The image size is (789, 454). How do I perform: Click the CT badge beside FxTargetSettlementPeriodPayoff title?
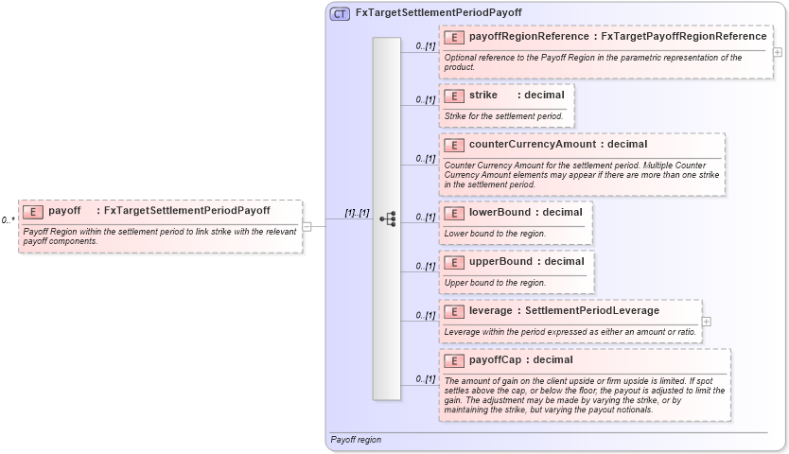(340, 13)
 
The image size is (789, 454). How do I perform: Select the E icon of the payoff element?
(33, 211)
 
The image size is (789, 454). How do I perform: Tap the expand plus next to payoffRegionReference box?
(778, 52)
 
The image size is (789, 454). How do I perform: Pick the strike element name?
(482, 96)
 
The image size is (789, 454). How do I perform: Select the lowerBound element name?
(500, 213)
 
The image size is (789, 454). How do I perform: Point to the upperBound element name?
(500, 262)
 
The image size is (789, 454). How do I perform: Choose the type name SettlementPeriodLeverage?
(592, 311)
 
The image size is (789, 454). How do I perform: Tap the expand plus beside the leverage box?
(707, 322)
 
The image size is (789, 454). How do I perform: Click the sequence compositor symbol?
(387, 218)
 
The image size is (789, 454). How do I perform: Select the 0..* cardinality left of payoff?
(9, 220)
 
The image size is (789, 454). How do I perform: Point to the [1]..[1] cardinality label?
(357, 214)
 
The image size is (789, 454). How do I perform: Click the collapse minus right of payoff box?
(307, 226)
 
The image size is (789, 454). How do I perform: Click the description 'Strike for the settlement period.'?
(503, 116)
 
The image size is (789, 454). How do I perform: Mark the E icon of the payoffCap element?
(454, 360)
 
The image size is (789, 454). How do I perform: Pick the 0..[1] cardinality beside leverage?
(424, 316)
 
